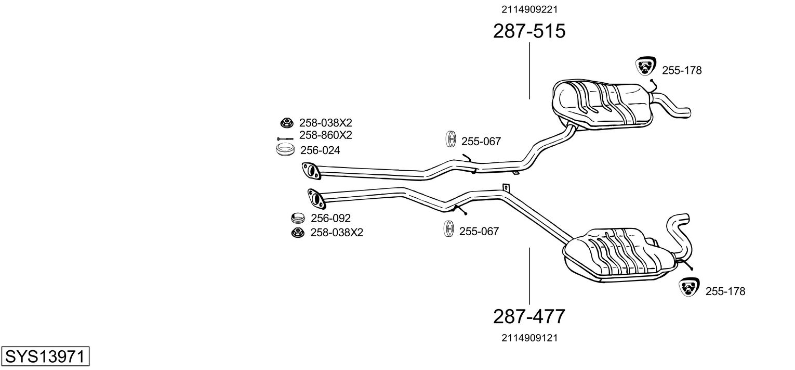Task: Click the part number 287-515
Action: (529, 31)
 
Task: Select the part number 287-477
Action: (529, 316)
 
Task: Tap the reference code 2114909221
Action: (529, 9)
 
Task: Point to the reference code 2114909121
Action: (529, 338)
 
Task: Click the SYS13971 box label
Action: (45, 356)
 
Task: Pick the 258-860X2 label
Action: (325, 135)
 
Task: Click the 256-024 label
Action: (320, 150)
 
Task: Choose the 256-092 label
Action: (330, 218)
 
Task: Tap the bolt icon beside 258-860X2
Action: (285, 138)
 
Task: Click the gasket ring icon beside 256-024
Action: (285, 150)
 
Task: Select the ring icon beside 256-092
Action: (298, 218)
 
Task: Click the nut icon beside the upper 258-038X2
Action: (286, 123)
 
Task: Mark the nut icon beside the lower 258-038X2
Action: (298, 233)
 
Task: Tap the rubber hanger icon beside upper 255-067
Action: (451, 139)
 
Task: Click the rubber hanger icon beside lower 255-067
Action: (449, 228)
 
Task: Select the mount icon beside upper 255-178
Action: (645, 66)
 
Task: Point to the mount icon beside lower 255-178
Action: (689, 287)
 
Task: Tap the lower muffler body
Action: (618, 256)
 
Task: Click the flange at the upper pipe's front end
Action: (311, 170)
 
